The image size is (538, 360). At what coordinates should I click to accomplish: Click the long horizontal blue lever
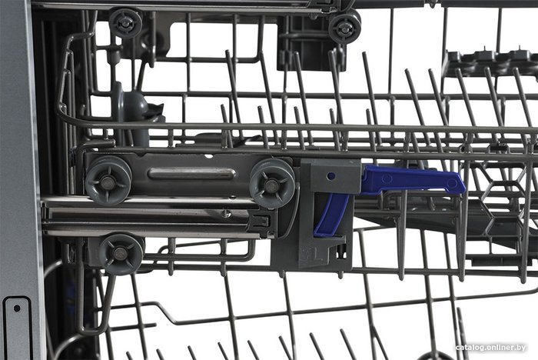click(412, 180)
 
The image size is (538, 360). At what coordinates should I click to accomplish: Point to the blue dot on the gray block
click(331, 176)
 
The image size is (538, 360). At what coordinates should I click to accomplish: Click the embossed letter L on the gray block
click(317, 256)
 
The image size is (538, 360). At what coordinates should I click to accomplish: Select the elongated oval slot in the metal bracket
click(192, 174)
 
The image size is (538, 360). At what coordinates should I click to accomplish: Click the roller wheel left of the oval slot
click(108, 181)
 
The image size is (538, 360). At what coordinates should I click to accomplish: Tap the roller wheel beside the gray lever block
click(272, 183)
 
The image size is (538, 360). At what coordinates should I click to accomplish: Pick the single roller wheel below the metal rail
click(121, 254)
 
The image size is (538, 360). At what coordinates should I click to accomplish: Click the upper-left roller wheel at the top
click(125, 22)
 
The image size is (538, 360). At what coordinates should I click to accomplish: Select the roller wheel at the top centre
click(345, 27)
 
